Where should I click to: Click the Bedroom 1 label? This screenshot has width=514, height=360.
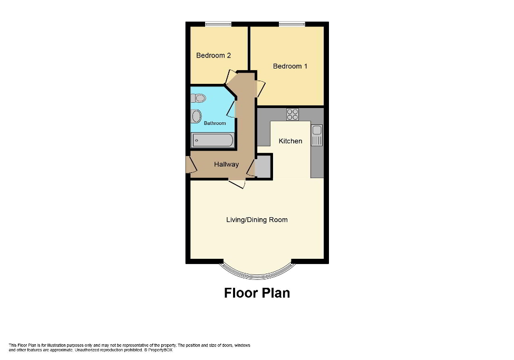(x=290, y=66)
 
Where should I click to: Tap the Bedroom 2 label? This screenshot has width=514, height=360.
(x=214, y=55)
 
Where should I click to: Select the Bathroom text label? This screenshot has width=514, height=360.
(x=215, y=123)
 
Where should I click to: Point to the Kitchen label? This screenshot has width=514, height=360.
(x=290, y=141)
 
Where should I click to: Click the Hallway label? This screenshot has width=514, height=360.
(x=226, y=164)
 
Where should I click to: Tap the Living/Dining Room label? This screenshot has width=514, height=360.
(x=257, y=220)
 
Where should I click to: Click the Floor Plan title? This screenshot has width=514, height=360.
(x=257, y=293)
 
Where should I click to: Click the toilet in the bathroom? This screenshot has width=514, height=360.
(x=199, y=98)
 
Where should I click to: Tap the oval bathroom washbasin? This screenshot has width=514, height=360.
(x=197, y=115)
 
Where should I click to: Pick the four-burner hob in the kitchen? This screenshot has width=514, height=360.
(x=292, y=114)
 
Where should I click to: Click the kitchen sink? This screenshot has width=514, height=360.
(x=316, y=135)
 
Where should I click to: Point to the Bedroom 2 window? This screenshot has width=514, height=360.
(x=218, y=24)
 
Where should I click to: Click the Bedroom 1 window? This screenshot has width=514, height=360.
(x=292, y=24)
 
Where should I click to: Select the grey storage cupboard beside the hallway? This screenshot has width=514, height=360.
(x=262, y=168)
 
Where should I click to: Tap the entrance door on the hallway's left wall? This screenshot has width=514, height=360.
(x=189, y=164)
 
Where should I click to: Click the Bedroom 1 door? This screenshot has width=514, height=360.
(x=260, y=87)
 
